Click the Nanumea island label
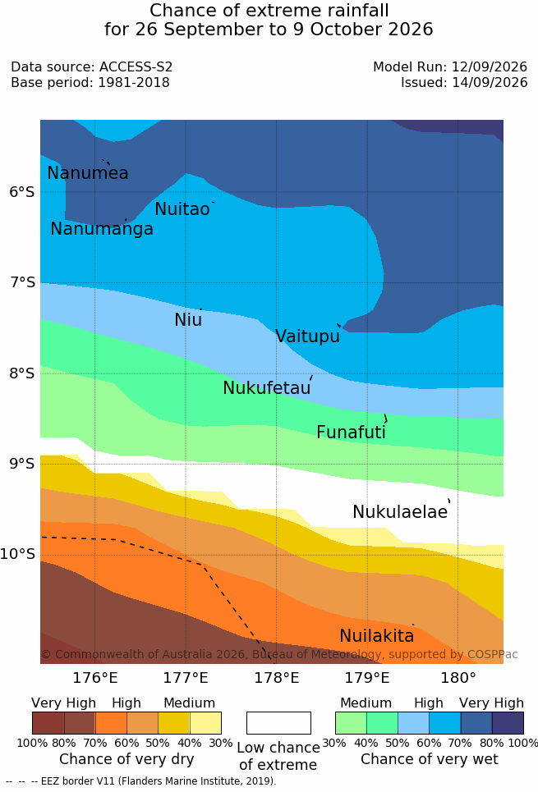[x=87, y=172]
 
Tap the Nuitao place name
[x=182, y=209]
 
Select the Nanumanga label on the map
[x=102, y=229]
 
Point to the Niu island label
[x=188, y=320]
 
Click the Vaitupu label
[x=307, y=336]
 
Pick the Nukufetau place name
[x=266, y=388]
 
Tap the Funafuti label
[x=351, y=432]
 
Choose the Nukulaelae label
[x=400, y=511]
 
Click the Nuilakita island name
[x=377, y=636]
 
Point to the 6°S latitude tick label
[x=22, y=192]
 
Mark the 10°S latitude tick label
[x=18, y=554]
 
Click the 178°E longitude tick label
[x=276, y=678]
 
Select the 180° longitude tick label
[x=458, y=678]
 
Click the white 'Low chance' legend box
[x=278, y=723]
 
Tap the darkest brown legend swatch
[x=48, y=723]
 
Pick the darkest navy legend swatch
[x=508, y=723]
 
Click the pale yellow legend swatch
[x=205, y=723]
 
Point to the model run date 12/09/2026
[x=490, y=66]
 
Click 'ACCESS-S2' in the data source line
[x=136, y=66]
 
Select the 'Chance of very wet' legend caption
[x=430, y=759]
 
